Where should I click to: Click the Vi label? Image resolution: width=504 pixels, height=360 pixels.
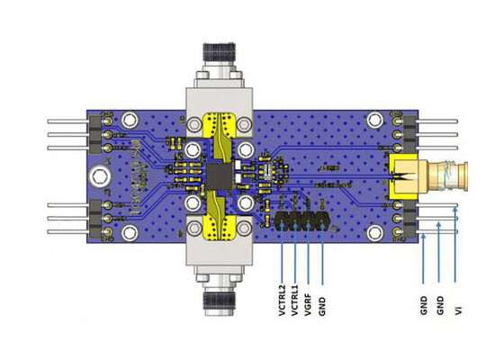[459, 310]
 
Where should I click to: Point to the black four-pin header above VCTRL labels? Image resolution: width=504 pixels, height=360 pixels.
[301, 218]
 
